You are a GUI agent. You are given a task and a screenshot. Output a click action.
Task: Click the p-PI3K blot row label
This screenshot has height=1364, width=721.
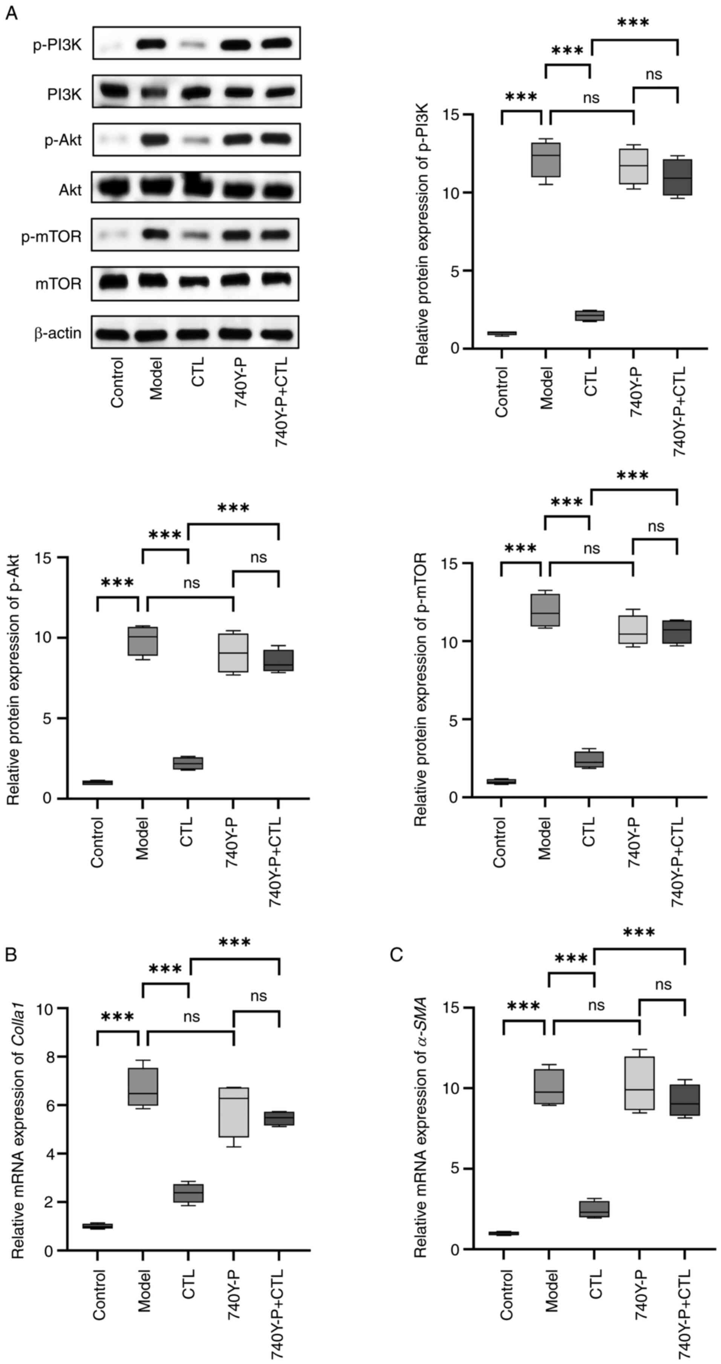pyautogui.click(x=57, y=45)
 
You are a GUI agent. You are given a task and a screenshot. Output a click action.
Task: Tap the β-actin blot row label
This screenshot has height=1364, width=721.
pyautogui.click(x=58, y=333)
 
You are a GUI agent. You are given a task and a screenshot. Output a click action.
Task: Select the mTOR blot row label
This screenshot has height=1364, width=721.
pyautogui.click(x=59, y=284)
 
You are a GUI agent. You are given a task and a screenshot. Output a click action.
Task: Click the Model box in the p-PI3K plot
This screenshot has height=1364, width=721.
pyautogui.click(x=546, y=160)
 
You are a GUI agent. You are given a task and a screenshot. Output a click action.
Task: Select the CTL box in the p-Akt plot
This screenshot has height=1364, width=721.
pyautogui.click(x=188, y=763)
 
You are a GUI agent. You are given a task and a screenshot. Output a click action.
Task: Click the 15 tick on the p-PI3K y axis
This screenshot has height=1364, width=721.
pyautogui.click(x=452, y=115)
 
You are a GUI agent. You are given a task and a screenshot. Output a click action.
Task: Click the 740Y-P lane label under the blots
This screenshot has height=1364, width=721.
pyautogui.click(x=241, y=381)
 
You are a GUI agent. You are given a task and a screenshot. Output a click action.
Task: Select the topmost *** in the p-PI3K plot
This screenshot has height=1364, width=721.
pyautogui.click(x=633, y=23)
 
